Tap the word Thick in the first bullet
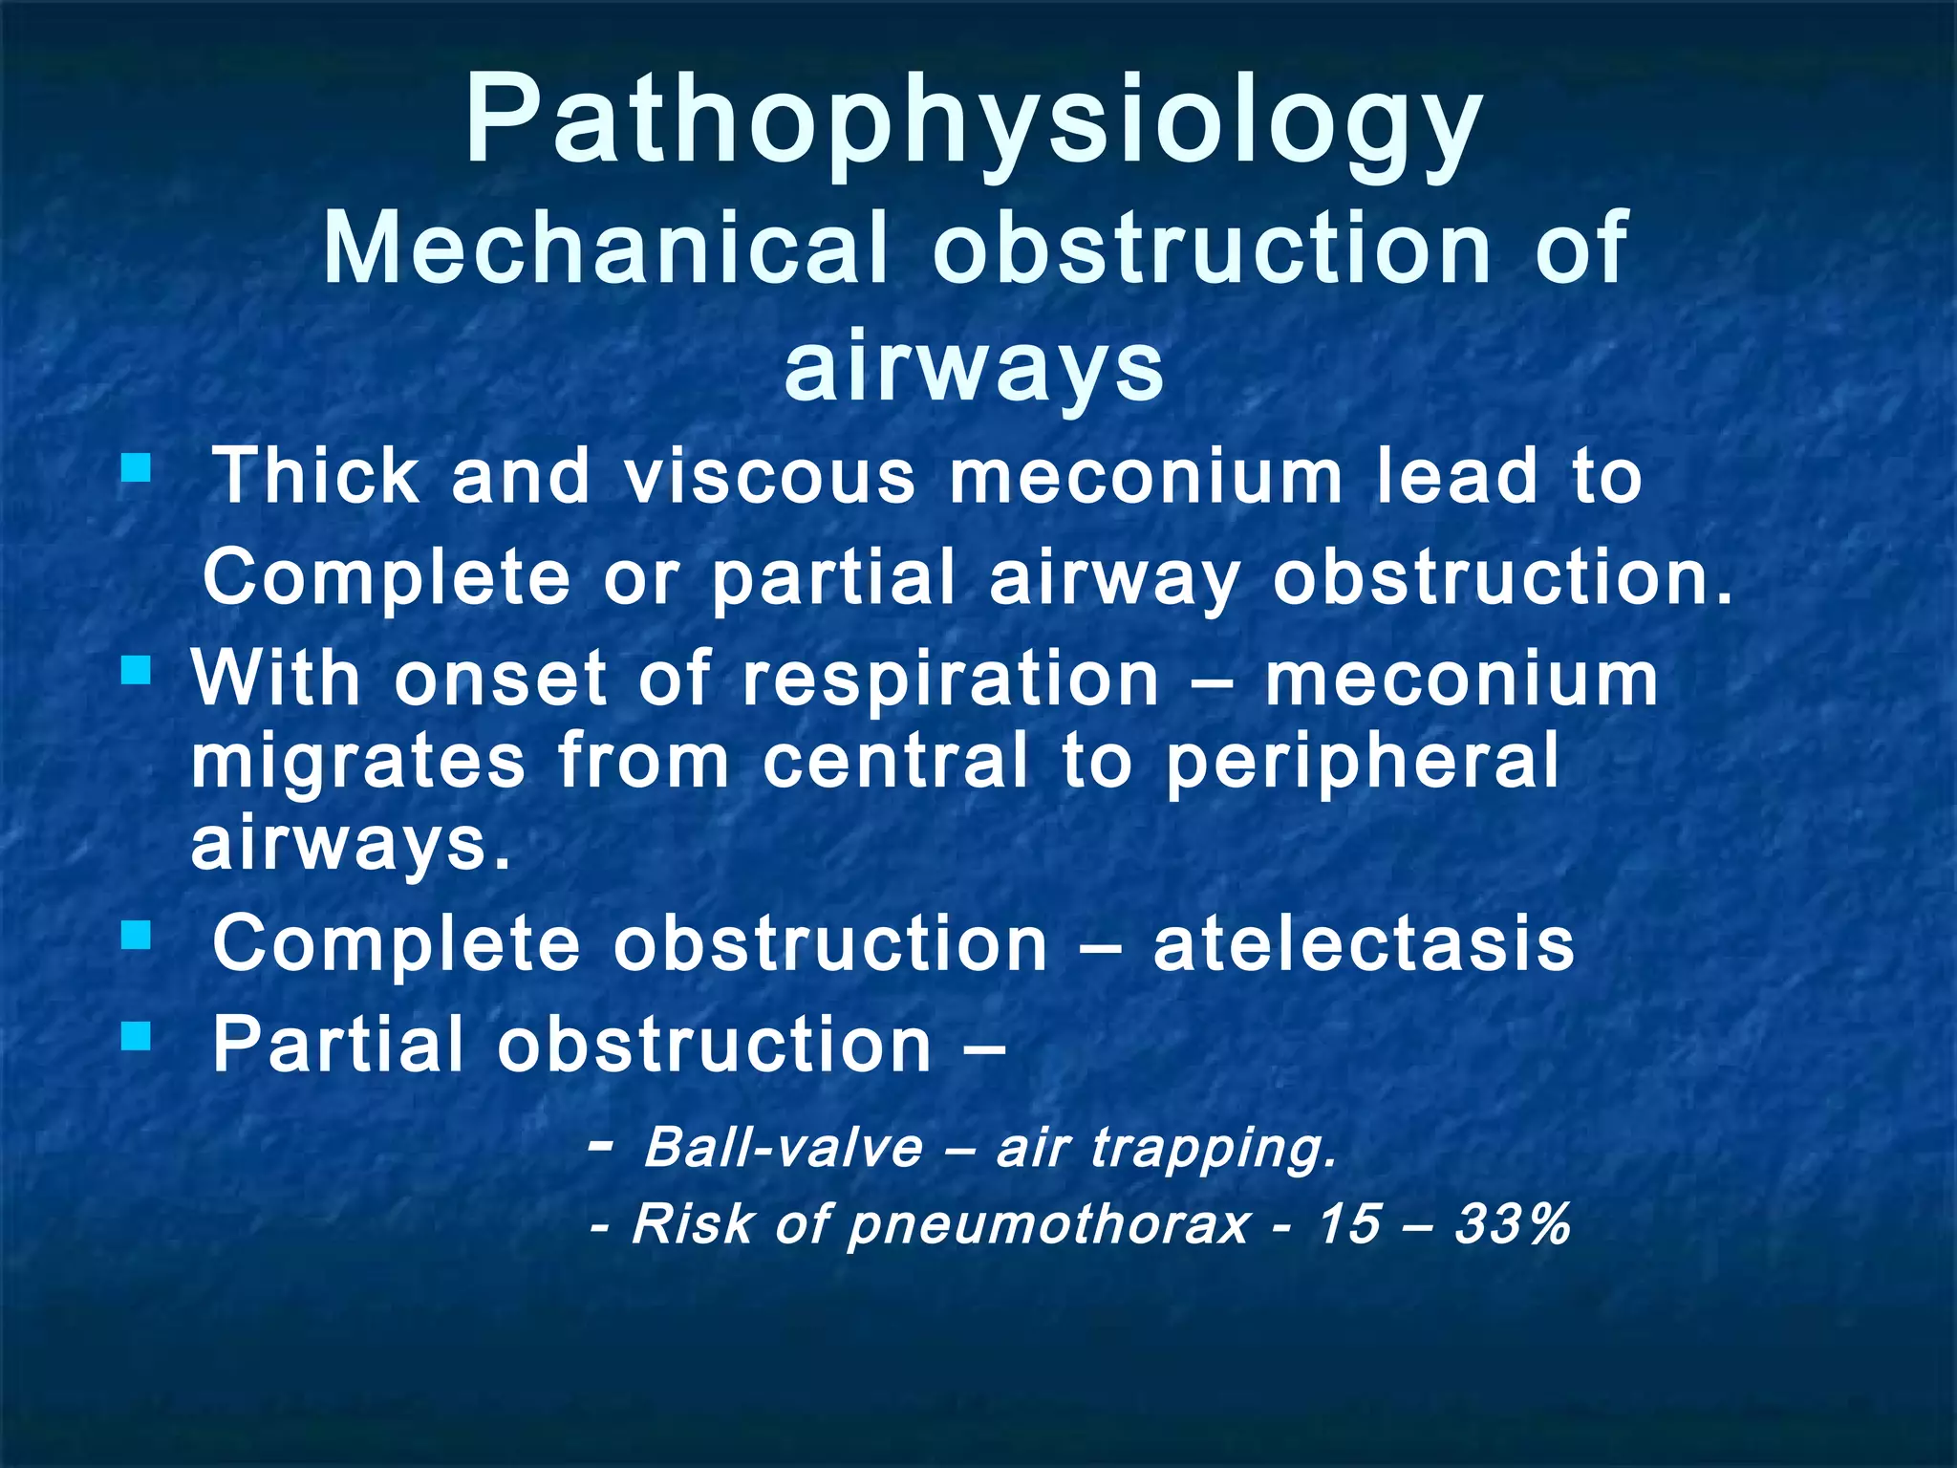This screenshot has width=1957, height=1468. (x=315, y=475)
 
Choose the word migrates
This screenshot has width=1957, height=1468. (x=358, y=760)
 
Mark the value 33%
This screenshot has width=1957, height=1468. (x=1513, y=1223)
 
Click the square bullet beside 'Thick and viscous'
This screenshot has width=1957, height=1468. (x=137, y=467)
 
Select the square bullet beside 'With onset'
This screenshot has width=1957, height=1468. (x=137, y=669)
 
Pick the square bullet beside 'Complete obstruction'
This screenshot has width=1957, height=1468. (x=137, y=934)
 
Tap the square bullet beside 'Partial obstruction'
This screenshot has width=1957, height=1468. (x=137, y=1035)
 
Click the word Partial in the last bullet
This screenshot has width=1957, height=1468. (x=337, y=1045)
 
